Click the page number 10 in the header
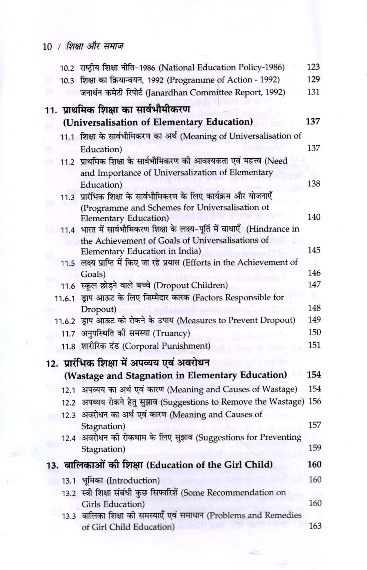(x=47, y=47)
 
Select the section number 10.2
(x=67, y=68)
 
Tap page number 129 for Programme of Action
(x=313, y=79)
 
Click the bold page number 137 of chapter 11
(x=313, y=122)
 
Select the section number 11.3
(x=67, y=197)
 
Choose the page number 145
(x=314, y=250)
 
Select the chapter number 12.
(x=52, y=364)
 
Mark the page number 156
(x=315, y=401)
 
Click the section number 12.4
(x=68, y=438)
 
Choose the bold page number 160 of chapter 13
(x=314, y=464)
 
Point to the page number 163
(x=315, y=526)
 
